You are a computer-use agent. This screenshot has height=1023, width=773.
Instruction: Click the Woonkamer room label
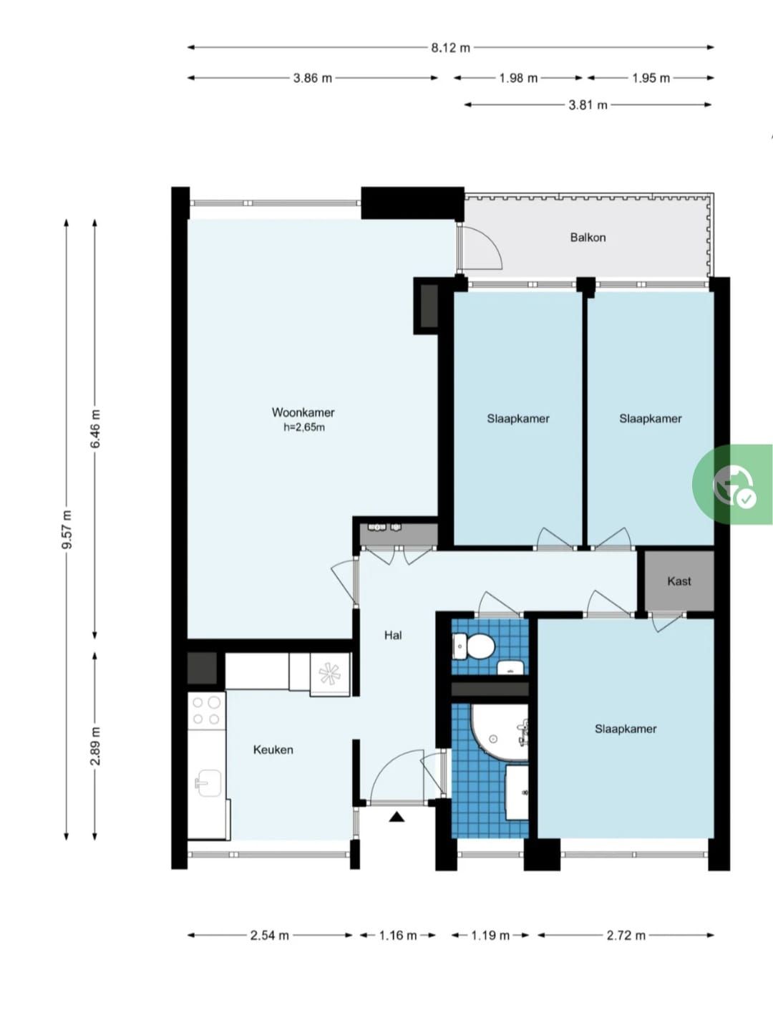coord(303,412)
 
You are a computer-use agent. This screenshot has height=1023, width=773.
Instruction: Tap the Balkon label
coord(588,238)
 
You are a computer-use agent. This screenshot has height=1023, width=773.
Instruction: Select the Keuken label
coord(273,750)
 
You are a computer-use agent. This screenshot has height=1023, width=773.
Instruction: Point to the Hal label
coord(393,635)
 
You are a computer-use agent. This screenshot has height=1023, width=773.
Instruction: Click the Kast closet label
coord(679,581)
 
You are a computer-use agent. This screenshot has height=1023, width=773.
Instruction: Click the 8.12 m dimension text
coord(451,47)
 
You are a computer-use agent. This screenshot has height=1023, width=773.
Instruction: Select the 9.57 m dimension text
coord(67,530)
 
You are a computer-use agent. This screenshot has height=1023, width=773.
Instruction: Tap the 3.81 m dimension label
coord(588,105)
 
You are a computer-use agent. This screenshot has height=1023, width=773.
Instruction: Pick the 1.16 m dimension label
coord(397,936)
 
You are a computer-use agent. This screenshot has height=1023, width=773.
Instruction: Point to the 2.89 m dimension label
coord(95,746)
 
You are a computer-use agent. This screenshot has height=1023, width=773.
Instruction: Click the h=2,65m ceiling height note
coord(303,427)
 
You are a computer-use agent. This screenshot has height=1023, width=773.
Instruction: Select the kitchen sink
coord(208,782)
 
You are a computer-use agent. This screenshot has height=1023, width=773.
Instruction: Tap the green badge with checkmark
coord(733,484)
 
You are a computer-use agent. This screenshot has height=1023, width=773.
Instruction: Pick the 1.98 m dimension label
coord(518,78)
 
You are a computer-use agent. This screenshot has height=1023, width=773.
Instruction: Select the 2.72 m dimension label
coord(626,936)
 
